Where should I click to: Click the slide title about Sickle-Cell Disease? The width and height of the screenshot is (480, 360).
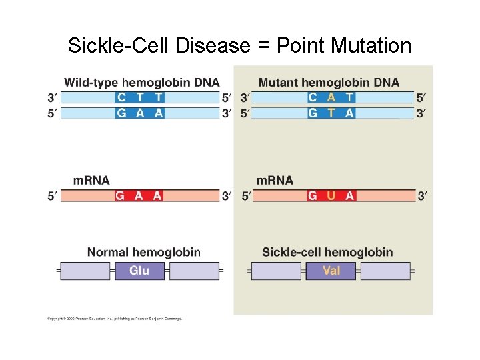coord(239,46)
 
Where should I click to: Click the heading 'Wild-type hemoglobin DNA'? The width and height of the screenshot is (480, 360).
coord(141,83)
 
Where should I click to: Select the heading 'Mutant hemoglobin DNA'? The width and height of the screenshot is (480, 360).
coord(329,83)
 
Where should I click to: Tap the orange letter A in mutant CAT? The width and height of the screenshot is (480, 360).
coord(331,97)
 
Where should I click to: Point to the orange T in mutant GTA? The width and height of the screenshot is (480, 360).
coord(331,113)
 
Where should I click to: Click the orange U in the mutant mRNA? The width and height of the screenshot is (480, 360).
coord(331,196)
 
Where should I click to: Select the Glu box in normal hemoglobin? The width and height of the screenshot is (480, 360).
coord(139,271)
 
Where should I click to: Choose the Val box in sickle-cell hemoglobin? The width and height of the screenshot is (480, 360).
coord(331,271)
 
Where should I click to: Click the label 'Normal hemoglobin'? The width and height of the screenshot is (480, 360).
coord(143,252)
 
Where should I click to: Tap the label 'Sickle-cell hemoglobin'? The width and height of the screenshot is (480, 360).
coord(327,252)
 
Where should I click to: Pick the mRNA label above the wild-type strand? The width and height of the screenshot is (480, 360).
coord(91,180)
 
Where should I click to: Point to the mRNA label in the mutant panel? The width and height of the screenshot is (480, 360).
coord(275,180)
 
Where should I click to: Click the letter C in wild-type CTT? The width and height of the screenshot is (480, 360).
coord(121,97)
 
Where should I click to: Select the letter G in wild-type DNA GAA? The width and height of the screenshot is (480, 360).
coord(121,113)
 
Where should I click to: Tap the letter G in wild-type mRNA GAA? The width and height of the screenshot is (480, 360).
coord(121,196)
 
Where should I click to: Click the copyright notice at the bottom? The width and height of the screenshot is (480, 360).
coord(115,319)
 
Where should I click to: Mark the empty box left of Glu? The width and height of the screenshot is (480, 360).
coord(85,271)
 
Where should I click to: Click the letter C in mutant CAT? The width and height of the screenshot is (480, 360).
coord(313,97)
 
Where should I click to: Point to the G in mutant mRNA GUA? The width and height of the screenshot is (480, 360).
coord(313,196)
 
